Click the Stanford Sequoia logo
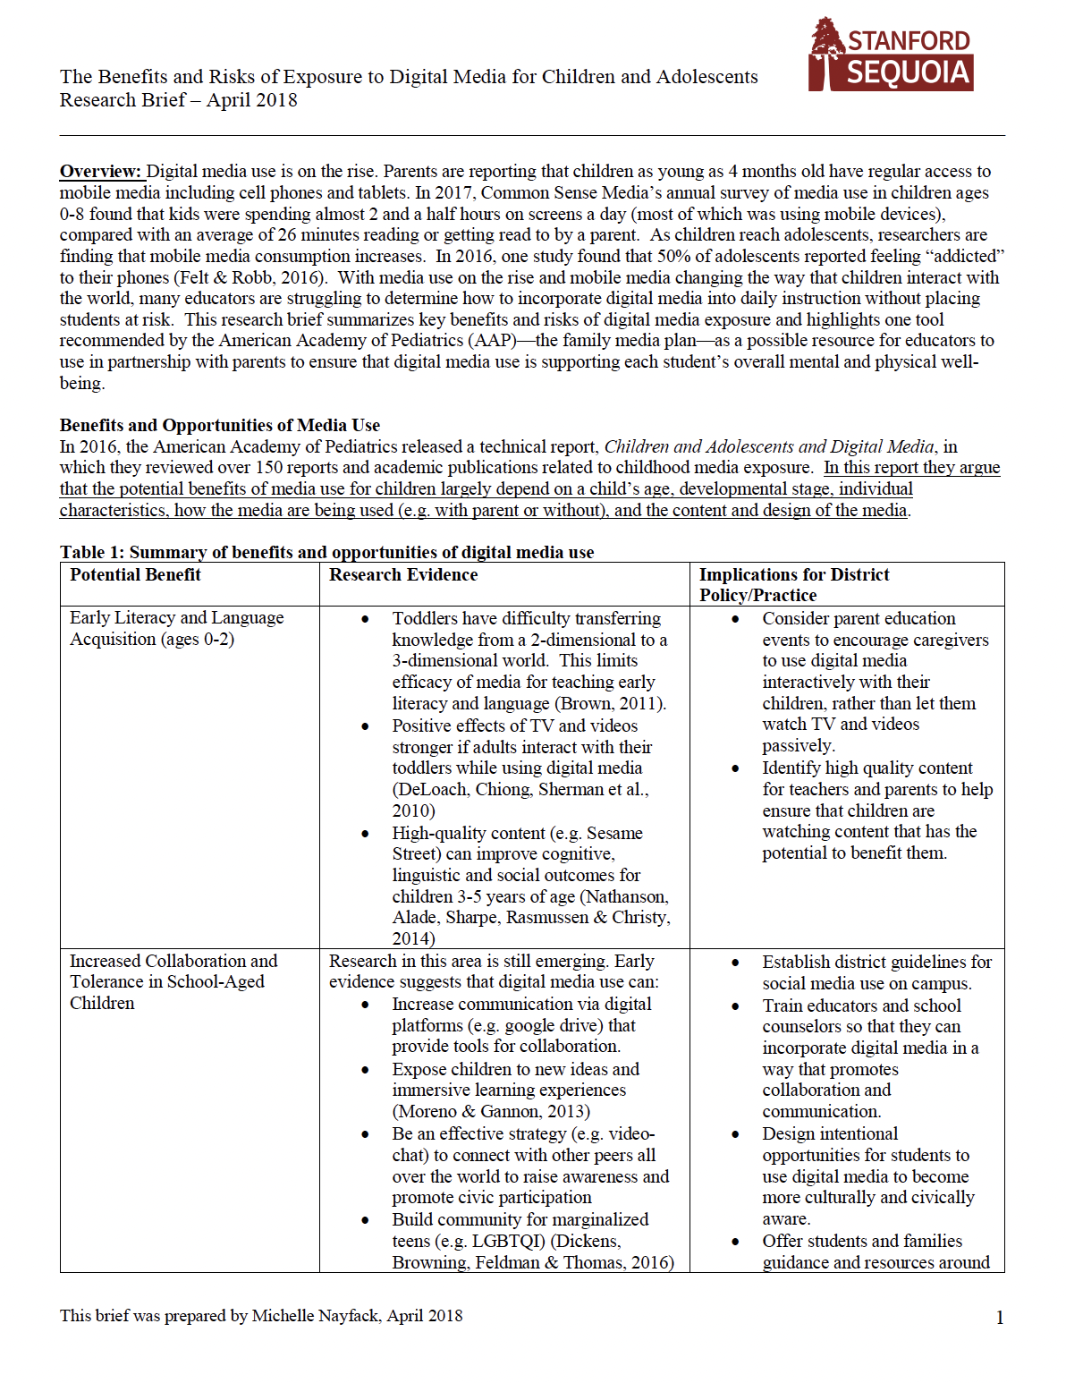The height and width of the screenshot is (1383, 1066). tap(890, 55)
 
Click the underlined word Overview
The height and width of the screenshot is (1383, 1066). tap(100, 171)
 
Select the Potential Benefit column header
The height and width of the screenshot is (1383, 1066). tap(135, 575)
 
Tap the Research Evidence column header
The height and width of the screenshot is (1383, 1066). tap(402, 575)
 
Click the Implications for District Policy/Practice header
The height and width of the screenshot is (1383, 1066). tap(793, 585)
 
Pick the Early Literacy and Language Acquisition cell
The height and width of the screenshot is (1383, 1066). tap(176, 628)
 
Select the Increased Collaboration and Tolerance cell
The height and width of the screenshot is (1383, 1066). tap(173, 981)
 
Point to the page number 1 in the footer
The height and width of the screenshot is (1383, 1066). tap(999, 1318)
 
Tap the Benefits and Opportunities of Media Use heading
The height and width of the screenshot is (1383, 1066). tap(219, 425)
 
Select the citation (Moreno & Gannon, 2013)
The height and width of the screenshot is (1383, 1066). tap(490, 1111)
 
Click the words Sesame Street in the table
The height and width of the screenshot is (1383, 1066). tap(614, 833)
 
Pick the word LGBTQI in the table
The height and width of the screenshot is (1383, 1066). tap(508, 1241)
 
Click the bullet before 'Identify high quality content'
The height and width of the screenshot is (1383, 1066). tap(735, 768)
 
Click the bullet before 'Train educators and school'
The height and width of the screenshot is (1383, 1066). tap(735, 1006)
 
